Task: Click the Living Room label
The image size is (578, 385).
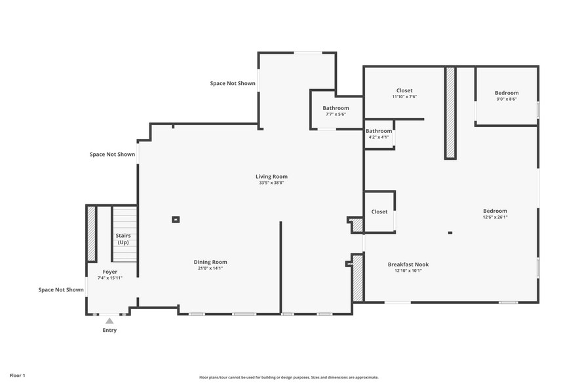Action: tap(271, 176)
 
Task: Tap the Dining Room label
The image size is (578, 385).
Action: tap(210, 262)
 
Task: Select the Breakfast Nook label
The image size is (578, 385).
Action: tap(408, 265)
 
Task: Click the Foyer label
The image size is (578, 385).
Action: tap(110, 271)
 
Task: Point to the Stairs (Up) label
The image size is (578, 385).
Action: tap(123, 238)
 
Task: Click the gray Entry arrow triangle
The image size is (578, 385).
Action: tap(109, 321)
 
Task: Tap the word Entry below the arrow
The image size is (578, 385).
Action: tap(109, 330)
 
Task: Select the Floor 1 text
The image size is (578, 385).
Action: tap(17, 375)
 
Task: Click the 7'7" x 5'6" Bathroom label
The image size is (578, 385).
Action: tap(336, 108)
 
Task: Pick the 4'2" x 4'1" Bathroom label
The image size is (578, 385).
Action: tap(378, 131)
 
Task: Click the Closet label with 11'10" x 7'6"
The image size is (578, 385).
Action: tap(404, 90)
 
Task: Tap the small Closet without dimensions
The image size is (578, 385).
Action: tap(379, 211)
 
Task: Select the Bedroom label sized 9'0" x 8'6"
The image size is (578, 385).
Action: tap(506, 93)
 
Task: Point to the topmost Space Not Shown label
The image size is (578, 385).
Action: tap(233, 83)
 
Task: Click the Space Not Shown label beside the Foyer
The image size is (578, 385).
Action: tap(61, 289)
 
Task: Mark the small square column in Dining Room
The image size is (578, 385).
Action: tap(176, 219)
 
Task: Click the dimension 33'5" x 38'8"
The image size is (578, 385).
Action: tap(271, 183)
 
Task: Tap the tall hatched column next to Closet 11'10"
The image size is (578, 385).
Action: tap(450, 112)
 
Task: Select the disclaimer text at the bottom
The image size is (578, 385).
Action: tap(288, 377)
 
